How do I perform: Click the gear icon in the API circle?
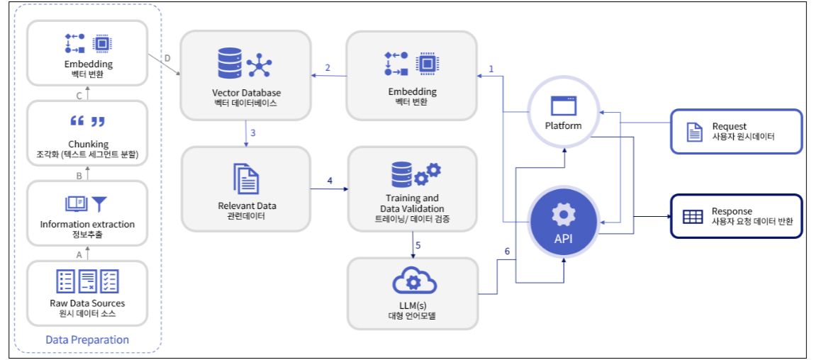pos(563,213)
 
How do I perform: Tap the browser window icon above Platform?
pos(564,106)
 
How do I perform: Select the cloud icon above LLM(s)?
pos(412,281)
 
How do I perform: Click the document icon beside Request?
pos(693,131)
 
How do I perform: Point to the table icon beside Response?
pos(692,217)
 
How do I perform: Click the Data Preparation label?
pos(87,339)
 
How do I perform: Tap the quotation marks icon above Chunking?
pos(87,121)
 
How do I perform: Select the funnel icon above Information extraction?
pos(99,204)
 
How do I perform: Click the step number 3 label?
pos(253,133)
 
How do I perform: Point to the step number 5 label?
pos(418,245)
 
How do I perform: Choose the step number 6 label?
pos(507,252)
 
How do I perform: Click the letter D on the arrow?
pos(167,58)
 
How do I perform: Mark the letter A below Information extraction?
pos(79,251)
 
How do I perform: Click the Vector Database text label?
pos(246,93)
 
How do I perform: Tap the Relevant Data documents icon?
pos(246,178)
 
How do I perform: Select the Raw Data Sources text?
pos(87,303)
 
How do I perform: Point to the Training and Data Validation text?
pos(412,203)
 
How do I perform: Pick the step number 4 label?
pos(330,181)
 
